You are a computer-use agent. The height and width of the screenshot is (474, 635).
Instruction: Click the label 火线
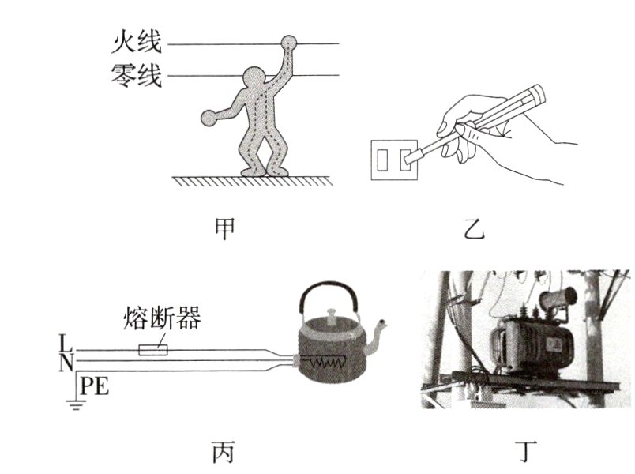coord(138,43)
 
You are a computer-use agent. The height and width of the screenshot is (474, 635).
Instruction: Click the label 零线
coord(138,77)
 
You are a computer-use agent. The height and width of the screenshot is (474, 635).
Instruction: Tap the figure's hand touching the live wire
coord(290,43)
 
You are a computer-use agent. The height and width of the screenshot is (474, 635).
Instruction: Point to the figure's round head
coord(255,80)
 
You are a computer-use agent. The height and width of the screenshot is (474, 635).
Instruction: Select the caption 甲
coord(224,228)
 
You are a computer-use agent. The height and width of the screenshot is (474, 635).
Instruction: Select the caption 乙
coord(476,229)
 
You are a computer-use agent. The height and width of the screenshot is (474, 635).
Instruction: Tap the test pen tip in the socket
coord(409,158)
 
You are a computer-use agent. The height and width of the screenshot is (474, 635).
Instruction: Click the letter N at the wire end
coord(63,363)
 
